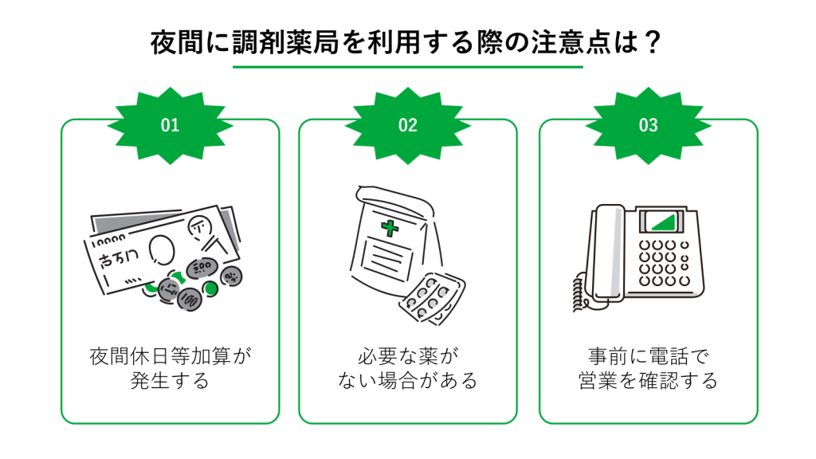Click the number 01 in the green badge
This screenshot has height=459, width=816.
[170, 125]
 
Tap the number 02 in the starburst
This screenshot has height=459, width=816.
[407, 125]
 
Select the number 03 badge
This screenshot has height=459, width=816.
[648, 125]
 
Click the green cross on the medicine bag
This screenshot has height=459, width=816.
[390, 229]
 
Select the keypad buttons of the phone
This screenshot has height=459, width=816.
[665, 263]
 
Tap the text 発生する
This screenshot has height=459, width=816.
[170, 381]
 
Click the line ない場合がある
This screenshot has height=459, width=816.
[407, 381]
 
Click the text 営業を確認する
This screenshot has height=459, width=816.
[648, 381]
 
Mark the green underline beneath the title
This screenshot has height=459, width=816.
[407, 68]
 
